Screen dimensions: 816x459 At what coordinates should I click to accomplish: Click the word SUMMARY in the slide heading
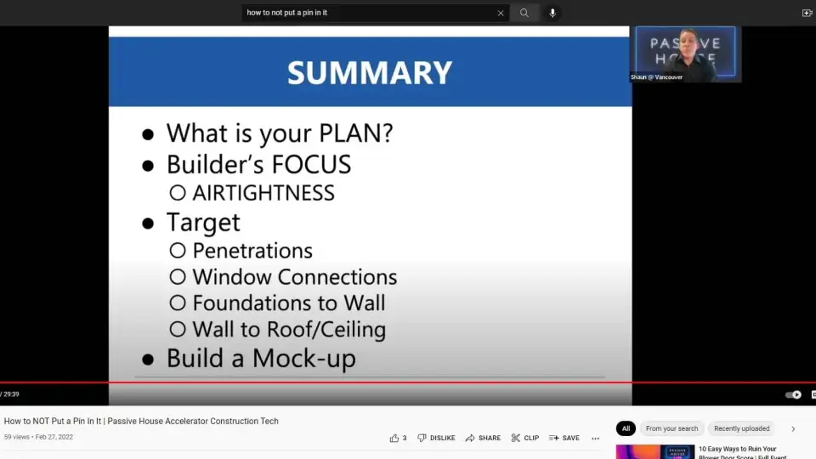point(370,72)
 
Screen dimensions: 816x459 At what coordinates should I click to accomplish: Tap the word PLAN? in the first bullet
point(356,133)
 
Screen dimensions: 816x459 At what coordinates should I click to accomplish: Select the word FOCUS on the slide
point(311,164)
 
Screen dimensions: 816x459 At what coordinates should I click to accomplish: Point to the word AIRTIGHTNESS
point(263,193)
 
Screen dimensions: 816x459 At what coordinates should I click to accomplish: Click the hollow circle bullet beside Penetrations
point(178,251)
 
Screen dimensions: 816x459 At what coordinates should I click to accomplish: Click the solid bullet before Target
point(148,224)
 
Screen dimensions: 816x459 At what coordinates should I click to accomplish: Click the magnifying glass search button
point(524,13)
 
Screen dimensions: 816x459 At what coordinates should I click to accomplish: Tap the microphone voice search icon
point(552,13)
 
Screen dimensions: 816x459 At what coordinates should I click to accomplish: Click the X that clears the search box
point(501,13)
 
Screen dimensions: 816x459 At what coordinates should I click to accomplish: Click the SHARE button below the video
point(483,439)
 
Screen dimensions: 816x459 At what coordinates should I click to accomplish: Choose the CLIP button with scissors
point(525,439)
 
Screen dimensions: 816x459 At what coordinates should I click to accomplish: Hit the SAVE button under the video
point(564,439)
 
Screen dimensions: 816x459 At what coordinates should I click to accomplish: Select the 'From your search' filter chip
point(671,428)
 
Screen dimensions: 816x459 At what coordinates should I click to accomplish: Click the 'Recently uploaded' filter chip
point(741,428)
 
